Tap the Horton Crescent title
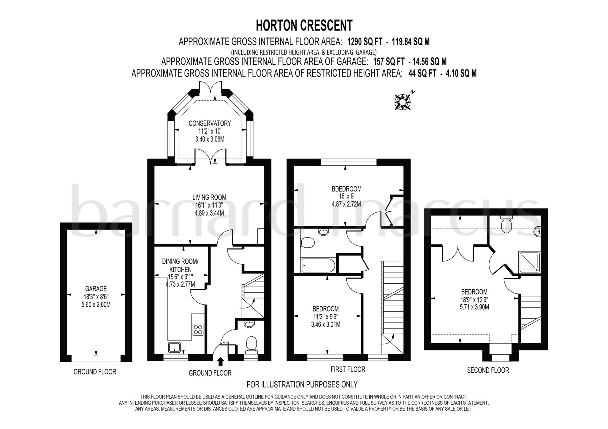pos(304,26)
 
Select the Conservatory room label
pos(210,123)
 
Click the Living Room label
pos(209,197)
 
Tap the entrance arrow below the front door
pos(221,362)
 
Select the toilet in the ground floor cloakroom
pos(251,345)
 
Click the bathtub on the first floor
pos(318,265)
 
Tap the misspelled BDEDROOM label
pos(346,189)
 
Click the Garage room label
pos(96,289)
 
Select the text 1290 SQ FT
pos(365,42)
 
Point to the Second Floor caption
pos(488,370)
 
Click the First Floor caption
pos(348,369)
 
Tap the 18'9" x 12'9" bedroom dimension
pos(474,300)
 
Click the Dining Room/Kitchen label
pos(180,266)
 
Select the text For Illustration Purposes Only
pos(302,384)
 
